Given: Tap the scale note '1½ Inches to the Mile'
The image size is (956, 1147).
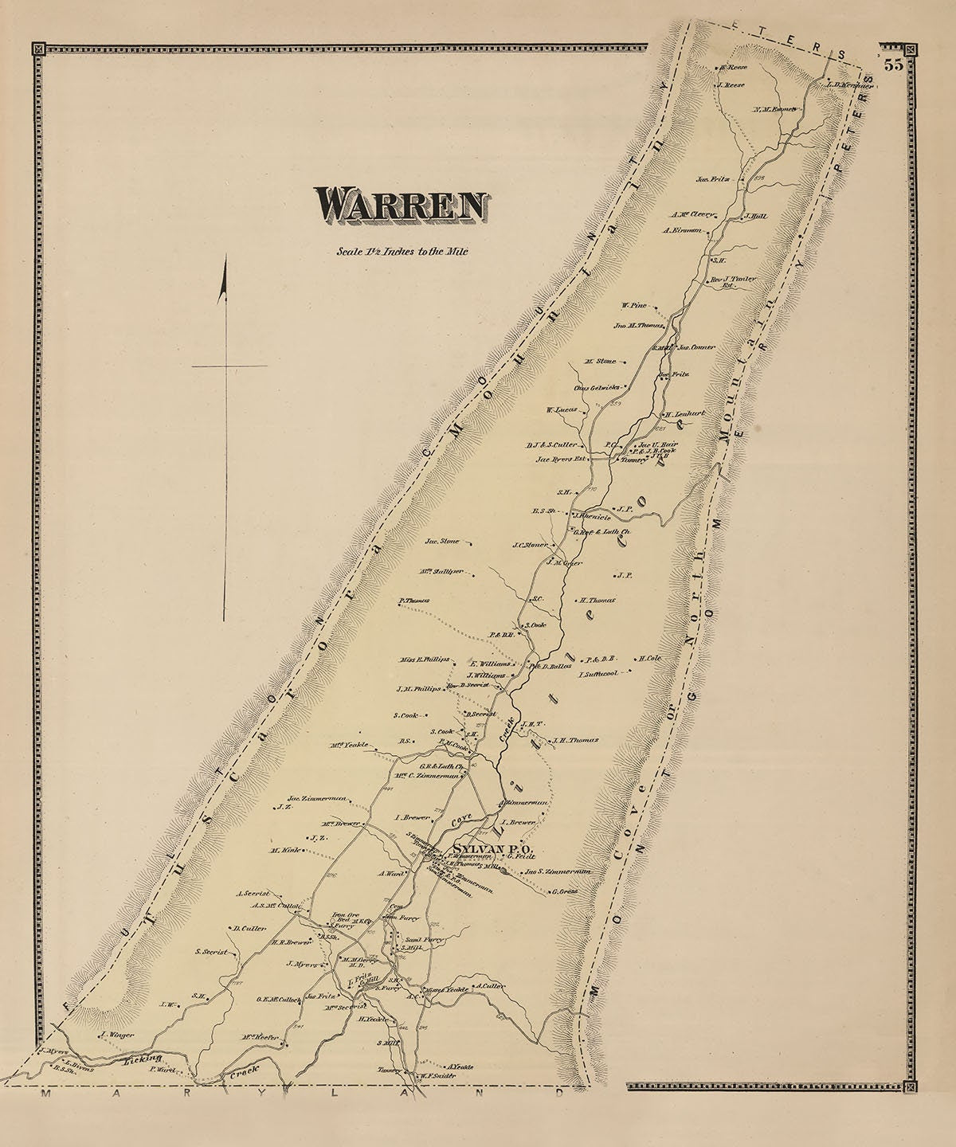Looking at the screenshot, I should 402,252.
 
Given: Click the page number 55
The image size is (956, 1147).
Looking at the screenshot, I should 893,66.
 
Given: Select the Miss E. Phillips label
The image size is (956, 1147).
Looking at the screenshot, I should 423,660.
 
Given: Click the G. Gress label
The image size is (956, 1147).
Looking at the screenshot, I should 564,891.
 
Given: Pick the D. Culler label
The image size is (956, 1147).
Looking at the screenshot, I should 249,928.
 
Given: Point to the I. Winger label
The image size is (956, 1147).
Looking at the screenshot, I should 116,1035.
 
